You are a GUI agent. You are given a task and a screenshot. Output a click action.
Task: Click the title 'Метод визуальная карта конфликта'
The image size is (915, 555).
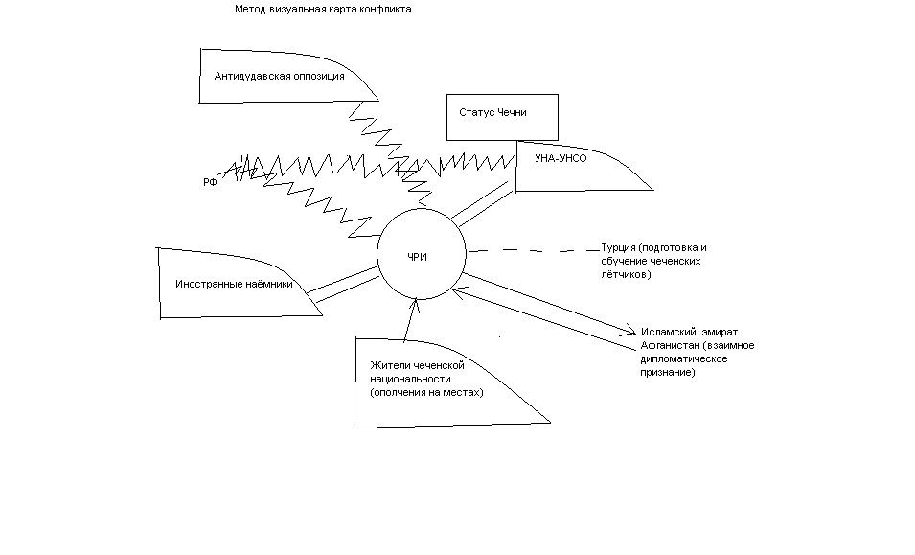[x=323, y=10]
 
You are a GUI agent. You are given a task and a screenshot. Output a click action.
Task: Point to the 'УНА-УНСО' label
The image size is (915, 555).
[x=560, y=158]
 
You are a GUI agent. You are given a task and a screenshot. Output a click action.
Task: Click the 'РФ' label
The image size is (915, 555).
[x=210, y=183]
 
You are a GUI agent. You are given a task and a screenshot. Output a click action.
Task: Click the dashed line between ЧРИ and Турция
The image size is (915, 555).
[x=535, y=250]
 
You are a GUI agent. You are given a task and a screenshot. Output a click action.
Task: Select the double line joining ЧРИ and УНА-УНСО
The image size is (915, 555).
[x=483, y=203]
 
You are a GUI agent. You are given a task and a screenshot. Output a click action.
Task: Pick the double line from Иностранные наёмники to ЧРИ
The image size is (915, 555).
[x=343, y=285]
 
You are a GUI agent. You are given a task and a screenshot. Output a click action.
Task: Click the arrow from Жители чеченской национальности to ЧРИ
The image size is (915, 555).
[x=411, y=318]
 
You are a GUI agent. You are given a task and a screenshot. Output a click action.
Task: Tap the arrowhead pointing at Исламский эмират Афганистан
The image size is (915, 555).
[x=630, y=330]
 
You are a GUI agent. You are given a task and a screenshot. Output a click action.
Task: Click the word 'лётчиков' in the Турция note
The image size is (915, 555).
[x=626, y=274]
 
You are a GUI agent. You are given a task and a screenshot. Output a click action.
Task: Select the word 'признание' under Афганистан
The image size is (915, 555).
[x=668, y=372]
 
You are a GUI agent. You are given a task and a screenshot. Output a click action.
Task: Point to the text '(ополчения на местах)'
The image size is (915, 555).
[x=426, y=393]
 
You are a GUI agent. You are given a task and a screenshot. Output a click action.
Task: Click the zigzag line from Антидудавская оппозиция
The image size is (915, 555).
[x=392, y=153]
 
